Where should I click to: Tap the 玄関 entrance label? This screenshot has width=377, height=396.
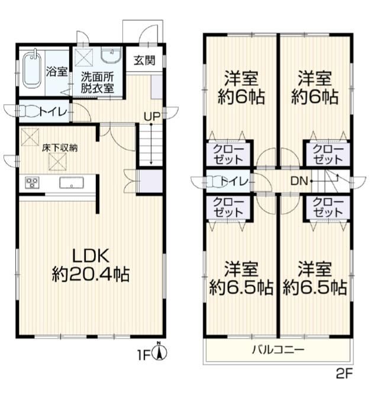(x=144, y=60)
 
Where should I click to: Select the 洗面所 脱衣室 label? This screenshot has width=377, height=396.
(x=97, y=83)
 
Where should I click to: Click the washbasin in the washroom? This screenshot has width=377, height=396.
(x=111, y=56)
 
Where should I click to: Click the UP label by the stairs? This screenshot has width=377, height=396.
(x=152, y=117)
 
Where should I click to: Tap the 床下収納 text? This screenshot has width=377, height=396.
(x=60, y=148)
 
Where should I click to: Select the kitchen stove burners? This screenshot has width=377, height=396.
(x=32, y=182)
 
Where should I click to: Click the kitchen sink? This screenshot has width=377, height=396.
(x=72, y=182)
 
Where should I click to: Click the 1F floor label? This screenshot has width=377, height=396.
(x=144, y=356)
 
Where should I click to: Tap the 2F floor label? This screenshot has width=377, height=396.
(x=344, y=374)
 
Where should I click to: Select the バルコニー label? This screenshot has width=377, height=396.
(x=278, y=350)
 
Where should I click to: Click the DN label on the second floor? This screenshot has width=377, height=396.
(x=299, y=181)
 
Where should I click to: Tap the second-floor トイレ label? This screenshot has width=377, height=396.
(x=234, y=181)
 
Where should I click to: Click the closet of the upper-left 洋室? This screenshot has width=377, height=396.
(x=228, y=154)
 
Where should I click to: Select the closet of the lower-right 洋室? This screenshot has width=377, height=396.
(x=328, y=208)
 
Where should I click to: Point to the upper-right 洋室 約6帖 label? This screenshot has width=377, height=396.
(x=315, y=88)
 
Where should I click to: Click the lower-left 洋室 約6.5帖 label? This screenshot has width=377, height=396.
(x=241, y=278)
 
